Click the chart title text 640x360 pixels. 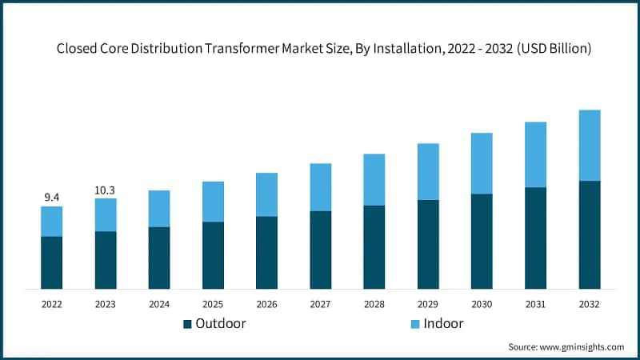point(324,49)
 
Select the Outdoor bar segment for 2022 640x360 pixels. point(52,262)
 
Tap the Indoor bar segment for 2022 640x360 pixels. point(52,222)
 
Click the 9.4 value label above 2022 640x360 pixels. point(52,197)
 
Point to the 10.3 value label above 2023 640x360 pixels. point(106,190)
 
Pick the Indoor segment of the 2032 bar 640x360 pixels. point(590,146)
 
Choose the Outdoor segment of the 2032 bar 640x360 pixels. point(590,234)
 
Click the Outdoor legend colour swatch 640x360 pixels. point(188,324)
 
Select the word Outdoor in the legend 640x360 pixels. point(221,324)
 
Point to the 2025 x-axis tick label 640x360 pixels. point(213,304)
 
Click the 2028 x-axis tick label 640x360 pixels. point(374,304)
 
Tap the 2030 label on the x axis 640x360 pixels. point(482,304)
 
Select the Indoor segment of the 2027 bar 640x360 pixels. point(321,187)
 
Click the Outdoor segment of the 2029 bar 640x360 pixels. point(428,244)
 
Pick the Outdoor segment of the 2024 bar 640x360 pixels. point(159,258)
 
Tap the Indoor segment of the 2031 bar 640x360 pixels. point(536,154)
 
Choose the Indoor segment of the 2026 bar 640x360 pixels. point(266,194)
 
